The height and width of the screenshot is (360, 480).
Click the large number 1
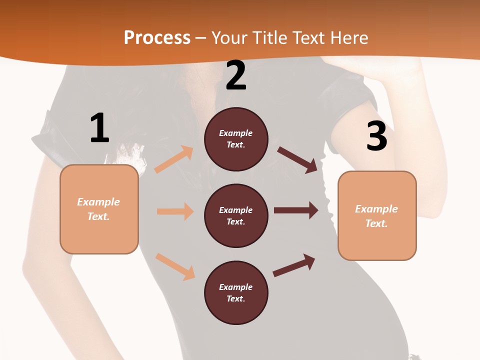coord(99,128)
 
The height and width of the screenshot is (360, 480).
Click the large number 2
coord(236,75)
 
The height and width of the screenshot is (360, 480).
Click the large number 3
coord(376,136)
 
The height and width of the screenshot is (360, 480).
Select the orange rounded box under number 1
coord(99,209)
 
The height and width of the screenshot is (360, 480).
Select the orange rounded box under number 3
coord(377,215)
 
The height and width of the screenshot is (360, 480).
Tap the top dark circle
coord(236,139)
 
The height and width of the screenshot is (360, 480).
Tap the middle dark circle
coord(236,215)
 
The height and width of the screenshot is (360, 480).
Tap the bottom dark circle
coord(236,292)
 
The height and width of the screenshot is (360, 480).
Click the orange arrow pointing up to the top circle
coord(174,159)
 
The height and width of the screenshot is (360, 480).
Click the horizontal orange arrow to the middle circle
coord(175,211)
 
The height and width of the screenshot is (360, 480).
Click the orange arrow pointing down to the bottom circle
coord(175,266)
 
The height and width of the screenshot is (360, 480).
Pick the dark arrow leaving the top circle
coord(297,159)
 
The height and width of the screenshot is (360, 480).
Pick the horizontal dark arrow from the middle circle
coord(296,210)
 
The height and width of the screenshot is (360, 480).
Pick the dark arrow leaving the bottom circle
coord(294,265)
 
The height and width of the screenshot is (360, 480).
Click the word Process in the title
coord(157,38)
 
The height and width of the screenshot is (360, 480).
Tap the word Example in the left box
coord(98,202)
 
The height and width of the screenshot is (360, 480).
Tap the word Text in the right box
coord(376,223)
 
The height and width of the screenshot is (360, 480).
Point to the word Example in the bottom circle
coord(236,287)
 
